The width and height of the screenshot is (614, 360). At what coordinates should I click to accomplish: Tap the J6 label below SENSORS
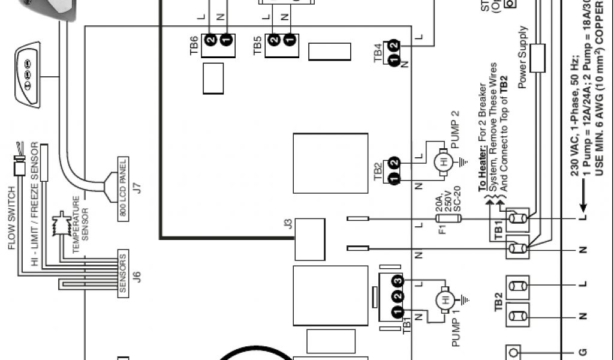137,277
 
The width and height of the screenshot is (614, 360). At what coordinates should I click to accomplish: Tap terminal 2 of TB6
211,40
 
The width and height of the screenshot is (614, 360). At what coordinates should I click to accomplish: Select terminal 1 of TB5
290,40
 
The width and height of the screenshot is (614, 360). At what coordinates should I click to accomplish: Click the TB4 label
378,53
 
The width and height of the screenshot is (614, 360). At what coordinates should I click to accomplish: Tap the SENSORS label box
122,274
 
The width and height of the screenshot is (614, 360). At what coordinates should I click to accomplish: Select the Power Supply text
523,57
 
